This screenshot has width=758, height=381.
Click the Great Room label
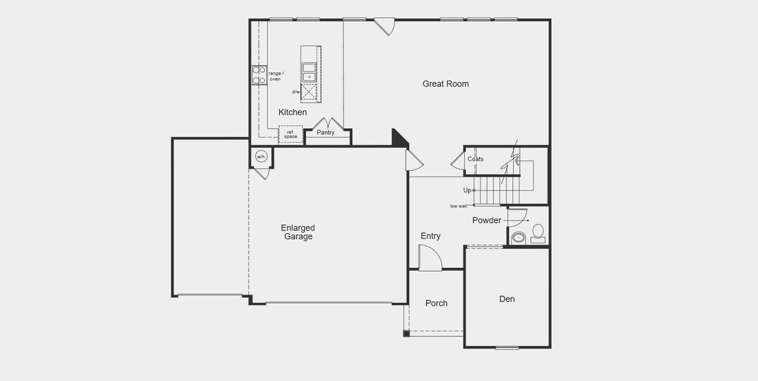446,84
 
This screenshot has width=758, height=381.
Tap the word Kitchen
293,112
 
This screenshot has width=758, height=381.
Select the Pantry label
326,133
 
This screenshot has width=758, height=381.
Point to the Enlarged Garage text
298,232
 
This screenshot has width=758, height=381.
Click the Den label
507,299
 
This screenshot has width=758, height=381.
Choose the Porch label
436,304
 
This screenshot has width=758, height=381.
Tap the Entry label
430,236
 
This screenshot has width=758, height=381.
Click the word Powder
486,220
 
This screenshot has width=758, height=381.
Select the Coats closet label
475,159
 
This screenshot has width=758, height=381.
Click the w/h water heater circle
261,156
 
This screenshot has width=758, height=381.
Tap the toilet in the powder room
538,232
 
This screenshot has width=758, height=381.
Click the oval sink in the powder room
519,239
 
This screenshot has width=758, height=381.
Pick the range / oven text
276,76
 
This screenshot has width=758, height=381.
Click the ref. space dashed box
291,135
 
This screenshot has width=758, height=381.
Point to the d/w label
296,92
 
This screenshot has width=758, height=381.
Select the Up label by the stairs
467,190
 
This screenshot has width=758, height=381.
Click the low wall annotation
458,206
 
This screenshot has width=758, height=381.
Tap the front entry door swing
429,258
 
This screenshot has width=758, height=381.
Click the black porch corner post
406,333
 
